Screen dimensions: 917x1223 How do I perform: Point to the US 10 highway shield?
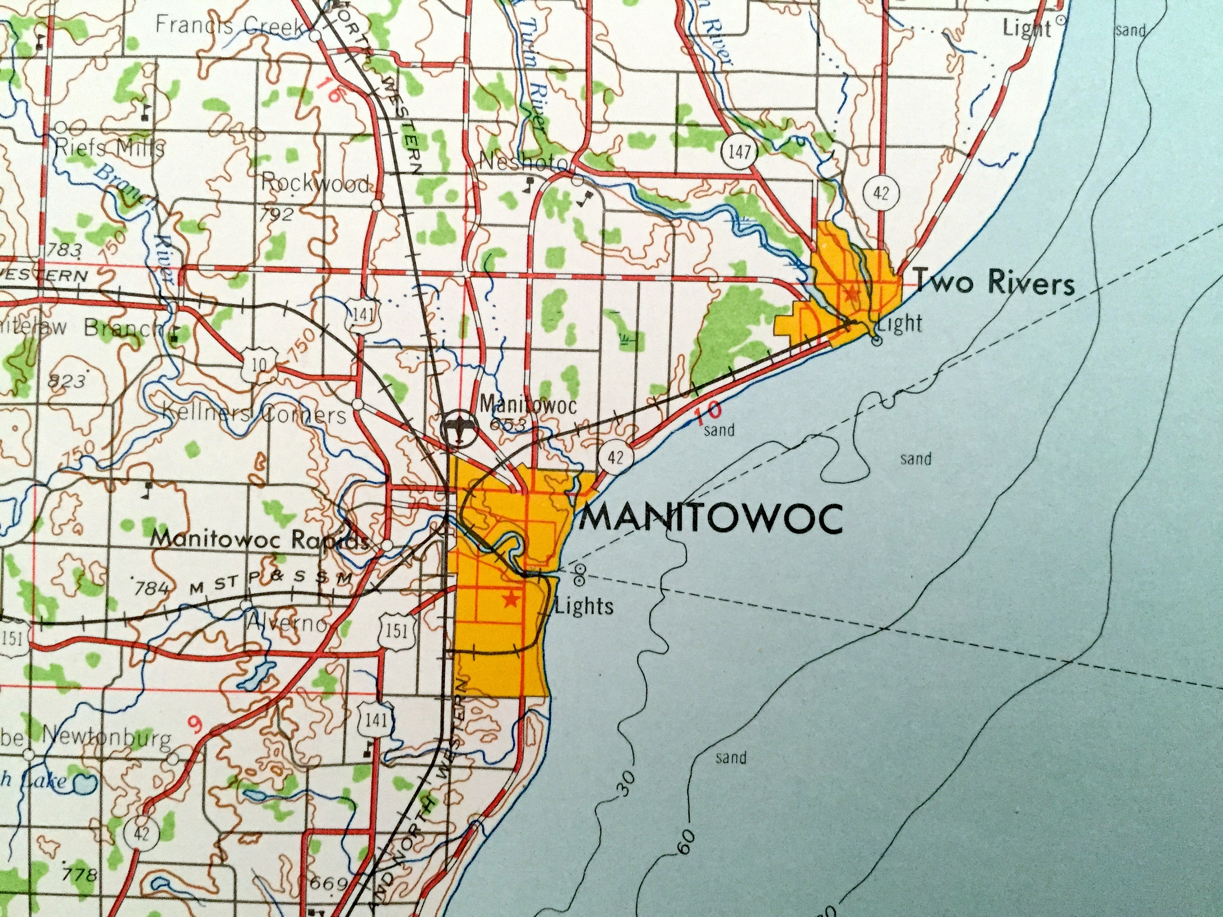pos(259,364)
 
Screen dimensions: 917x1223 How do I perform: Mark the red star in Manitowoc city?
pos(512,597)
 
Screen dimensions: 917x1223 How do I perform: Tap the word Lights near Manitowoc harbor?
pos(585,606)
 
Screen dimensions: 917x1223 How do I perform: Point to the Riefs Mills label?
pos(110,148)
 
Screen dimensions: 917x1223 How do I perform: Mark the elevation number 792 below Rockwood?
pos(278,214)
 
